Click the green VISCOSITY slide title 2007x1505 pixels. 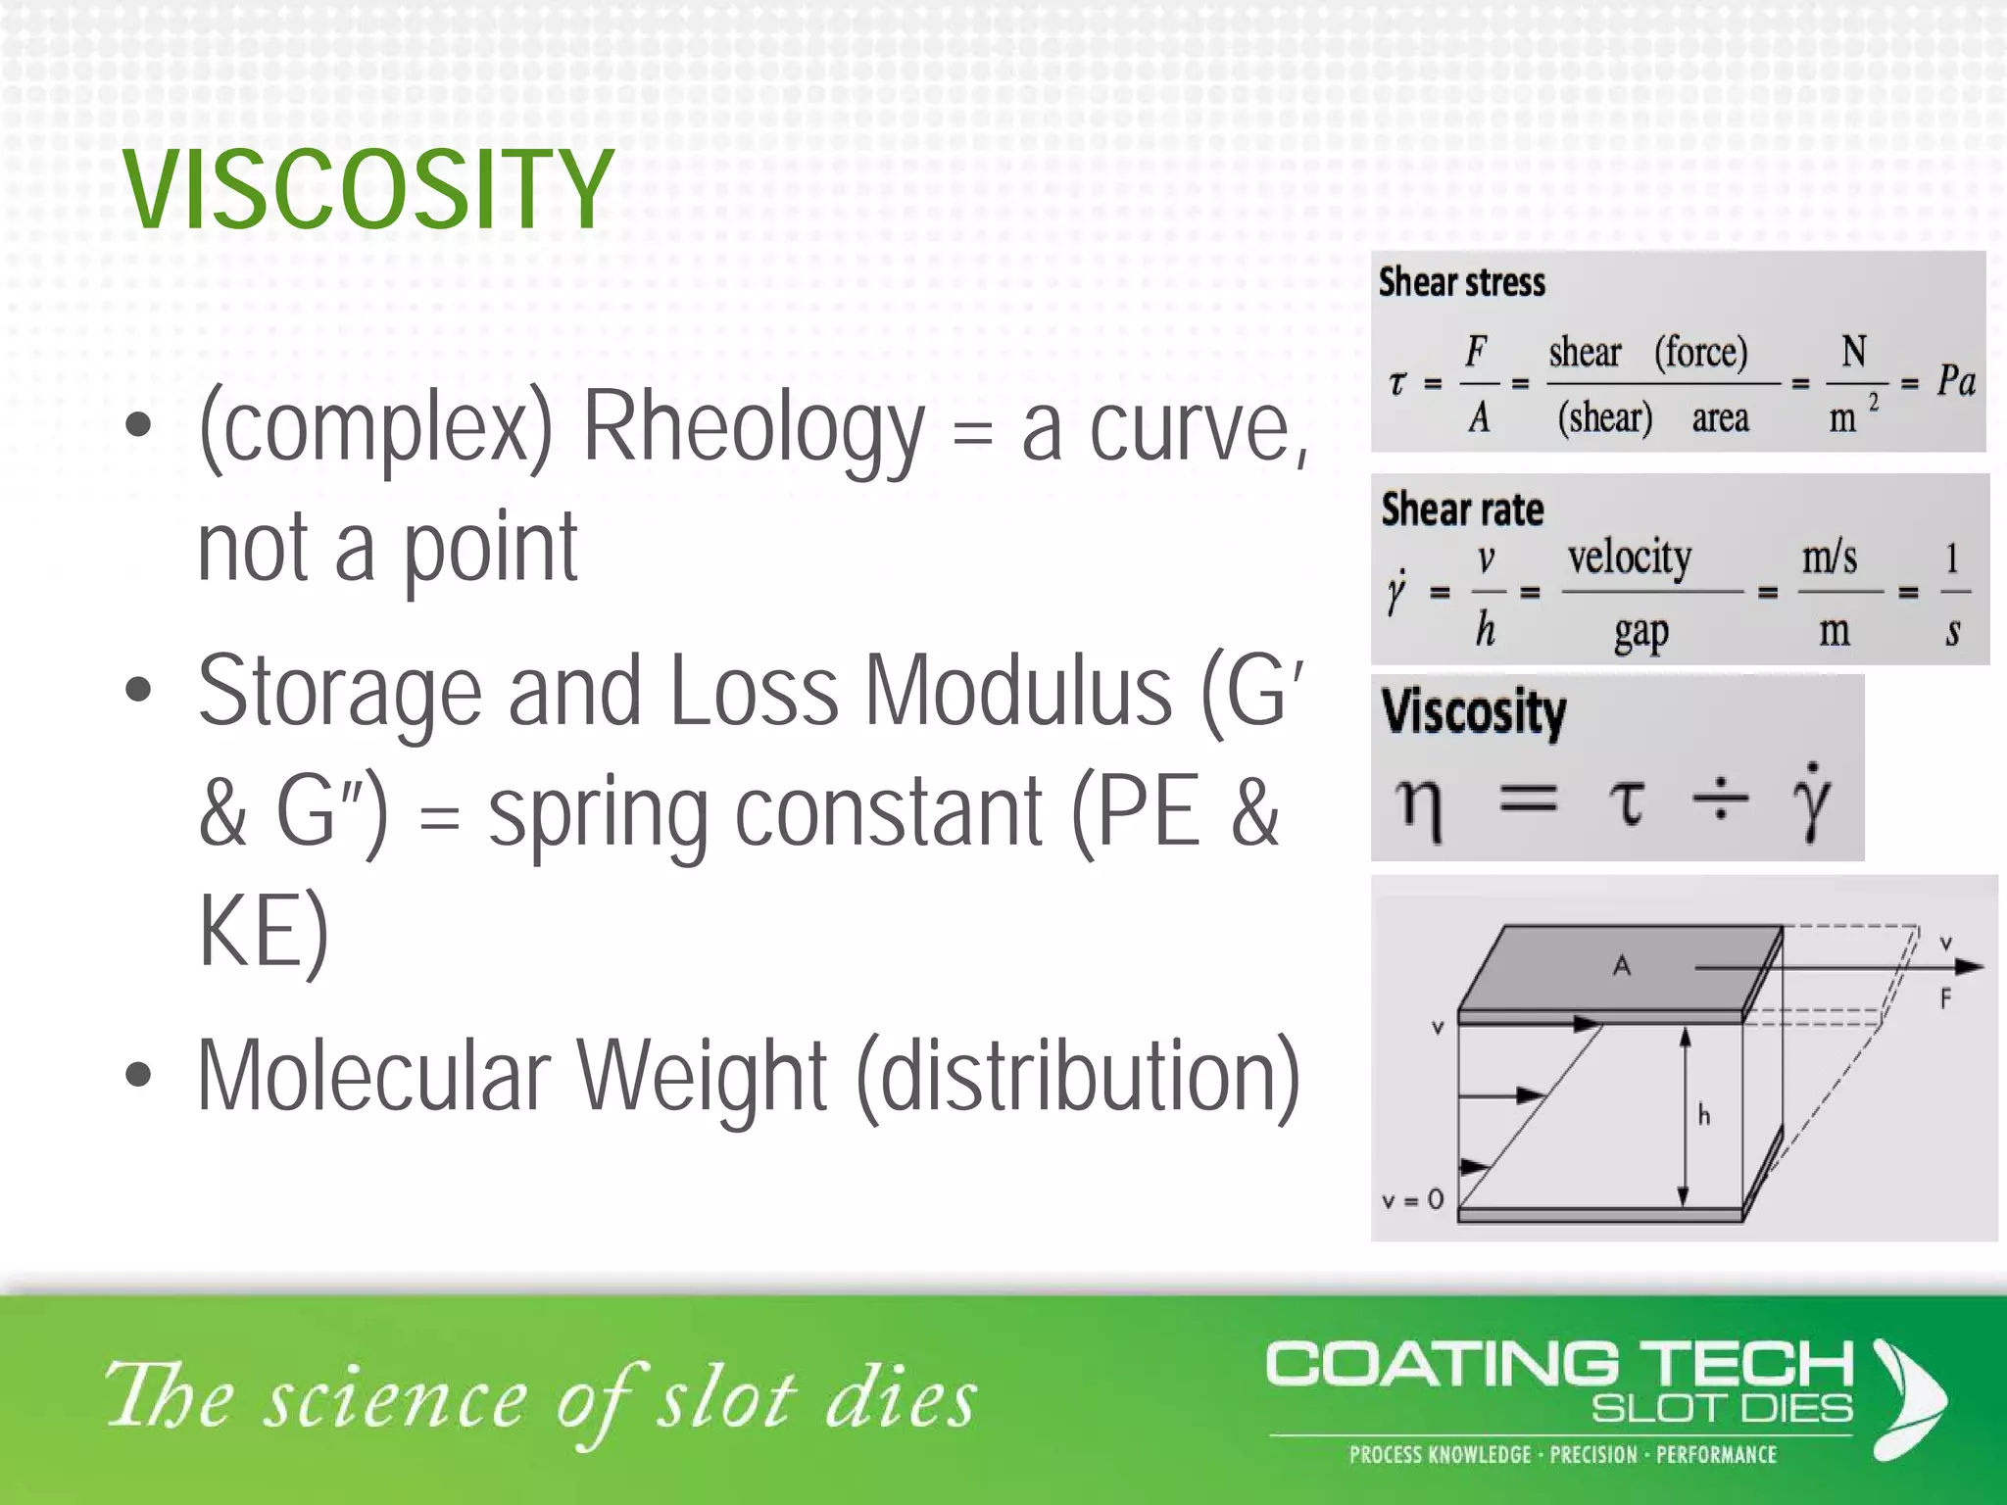tap(368, 190)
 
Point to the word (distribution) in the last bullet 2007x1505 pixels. tap(1078, 1076)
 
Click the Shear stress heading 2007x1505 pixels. tap(1461, 282)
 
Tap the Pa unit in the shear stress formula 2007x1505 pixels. tap(1955, 381)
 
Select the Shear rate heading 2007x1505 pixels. tap(1462, 510)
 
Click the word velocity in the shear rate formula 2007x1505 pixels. tap(1629, 558)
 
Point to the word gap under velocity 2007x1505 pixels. tap(1641, 633)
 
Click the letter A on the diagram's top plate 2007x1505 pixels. tap(1622, 966)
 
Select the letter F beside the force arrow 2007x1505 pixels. tap(1945, 999)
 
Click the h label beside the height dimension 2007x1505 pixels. tap(1704, 1115)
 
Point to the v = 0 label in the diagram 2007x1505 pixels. tap(1412, 1199)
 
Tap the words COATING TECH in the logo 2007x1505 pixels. tap(1559, 1364)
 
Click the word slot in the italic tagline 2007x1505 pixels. tap(725, 1398)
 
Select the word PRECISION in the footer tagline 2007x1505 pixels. tap(1593, 1455)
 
